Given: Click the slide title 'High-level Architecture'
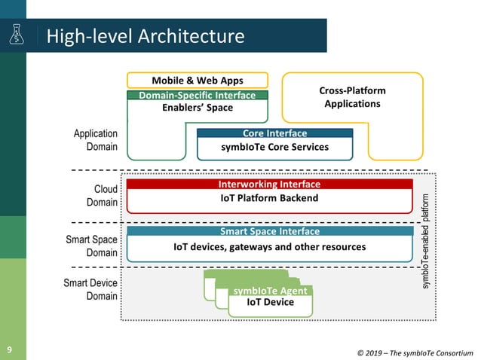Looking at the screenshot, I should click(146, 36).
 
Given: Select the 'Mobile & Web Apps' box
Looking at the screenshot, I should click(198, 81).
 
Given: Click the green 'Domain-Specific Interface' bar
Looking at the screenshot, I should click(198, 96).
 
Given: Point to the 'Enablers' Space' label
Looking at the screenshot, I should click(198, 108).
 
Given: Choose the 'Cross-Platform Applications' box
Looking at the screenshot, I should click(352, 97).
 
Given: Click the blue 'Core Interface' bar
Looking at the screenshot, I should click(274, 133).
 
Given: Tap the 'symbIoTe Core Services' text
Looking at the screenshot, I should click(274, 147).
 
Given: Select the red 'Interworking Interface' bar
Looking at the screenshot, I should click(269, 185).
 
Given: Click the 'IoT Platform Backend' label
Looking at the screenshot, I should click(269, 198).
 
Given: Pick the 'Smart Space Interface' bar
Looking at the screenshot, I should click(269, 232).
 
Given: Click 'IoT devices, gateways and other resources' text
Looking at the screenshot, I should click(269, 246).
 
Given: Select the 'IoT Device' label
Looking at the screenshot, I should click(270, 303).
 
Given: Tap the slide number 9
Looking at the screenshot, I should click(11, 349).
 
